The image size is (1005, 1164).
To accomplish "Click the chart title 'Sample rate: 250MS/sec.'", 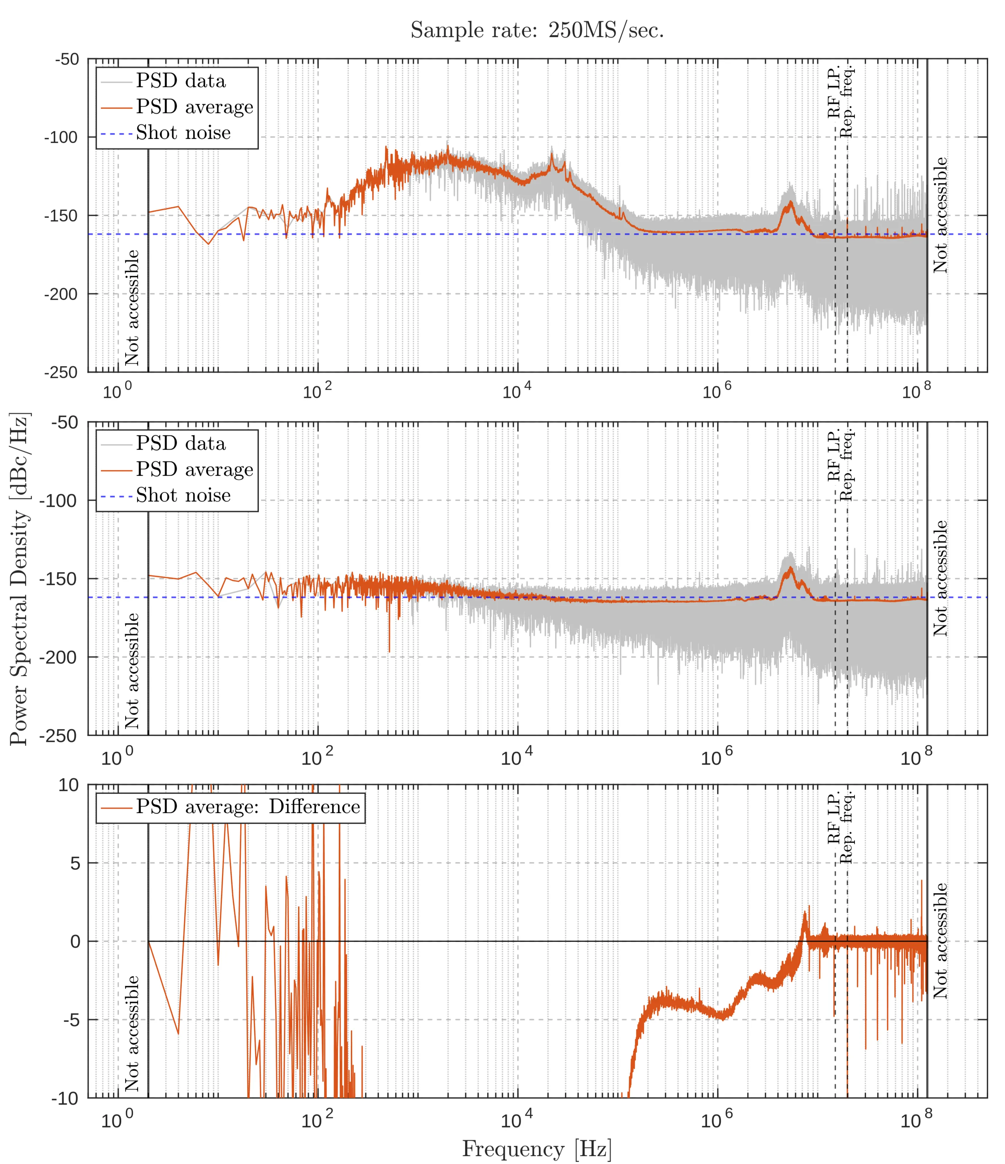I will [537, 30].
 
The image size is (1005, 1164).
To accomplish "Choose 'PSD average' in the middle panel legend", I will [195, 469].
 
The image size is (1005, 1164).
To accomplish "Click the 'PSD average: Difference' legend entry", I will [248, 807].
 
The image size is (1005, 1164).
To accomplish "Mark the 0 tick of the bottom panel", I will [75, 941].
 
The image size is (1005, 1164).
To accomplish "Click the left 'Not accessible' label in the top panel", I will [132, 308].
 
